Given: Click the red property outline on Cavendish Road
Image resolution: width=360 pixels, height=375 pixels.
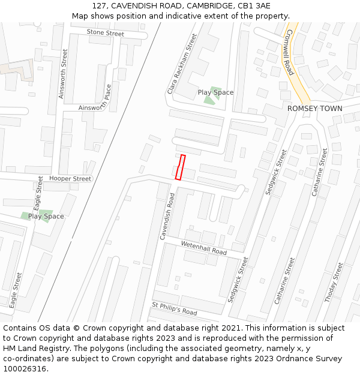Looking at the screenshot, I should (179, 167).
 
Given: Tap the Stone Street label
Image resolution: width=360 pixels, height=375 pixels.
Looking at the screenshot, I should (105, 33).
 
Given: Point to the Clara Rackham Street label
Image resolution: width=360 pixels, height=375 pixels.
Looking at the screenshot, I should (182, 64).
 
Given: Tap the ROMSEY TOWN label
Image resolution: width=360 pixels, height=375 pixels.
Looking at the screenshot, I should (314, 109).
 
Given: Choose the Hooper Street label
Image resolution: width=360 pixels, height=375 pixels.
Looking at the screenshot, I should (70, 179).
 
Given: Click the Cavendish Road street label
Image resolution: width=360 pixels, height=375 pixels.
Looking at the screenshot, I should (167, 217).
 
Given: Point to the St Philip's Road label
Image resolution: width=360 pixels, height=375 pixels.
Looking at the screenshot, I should (174, 308).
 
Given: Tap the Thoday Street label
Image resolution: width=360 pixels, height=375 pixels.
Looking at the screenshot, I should (334, 282).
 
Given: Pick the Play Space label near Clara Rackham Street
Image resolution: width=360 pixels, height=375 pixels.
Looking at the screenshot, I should (215, 92).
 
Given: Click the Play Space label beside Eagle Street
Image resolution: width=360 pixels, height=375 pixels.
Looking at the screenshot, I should (46, 217).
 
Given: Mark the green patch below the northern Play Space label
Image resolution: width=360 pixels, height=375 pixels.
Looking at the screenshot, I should (209, 100).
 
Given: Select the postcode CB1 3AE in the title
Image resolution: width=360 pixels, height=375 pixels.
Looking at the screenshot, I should (254, 6).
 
